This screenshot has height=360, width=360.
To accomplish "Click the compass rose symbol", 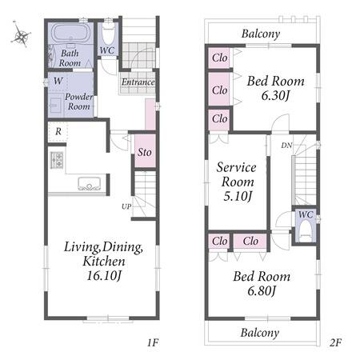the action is tap(21, 35).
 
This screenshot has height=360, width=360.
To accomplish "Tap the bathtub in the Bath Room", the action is tap(71, 33).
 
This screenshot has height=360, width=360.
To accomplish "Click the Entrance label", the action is tap(138, 82).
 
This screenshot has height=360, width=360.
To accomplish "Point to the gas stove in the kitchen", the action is tap(57, 160).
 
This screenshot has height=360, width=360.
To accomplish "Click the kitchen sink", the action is tap(90, 184).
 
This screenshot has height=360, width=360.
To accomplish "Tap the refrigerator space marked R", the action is tap(58, 131).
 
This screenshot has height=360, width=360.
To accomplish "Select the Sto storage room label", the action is tap(145, 152).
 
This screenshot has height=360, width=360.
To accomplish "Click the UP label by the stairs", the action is tap(126, 206).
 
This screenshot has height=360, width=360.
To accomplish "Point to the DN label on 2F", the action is tap(286, 146).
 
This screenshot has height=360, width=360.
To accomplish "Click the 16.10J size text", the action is tap(104, 275).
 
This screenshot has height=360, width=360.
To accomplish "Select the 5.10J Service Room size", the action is tap(238, 196).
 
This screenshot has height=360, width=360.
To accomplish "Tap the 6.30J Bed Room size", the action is tap(275, 95).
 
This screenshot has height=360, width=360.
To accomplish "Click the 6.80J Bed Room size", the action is tap(262, 290).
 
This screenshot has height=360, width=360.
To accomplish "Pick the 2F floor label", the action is tap(335, 342).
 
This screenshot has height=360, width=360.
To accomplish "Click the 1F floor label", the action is tap(153, 342).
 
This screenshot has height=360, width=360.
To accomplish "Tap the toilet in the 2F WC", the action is tap(306, 231).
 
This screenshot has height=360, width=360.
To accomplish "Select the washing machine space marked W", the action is tap(58, 81).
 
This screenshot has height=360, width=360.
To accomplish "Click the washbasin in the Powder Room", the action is tap(56, 106).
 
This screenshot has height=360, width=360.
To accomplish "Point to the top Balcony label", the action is tap(261, 34).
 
